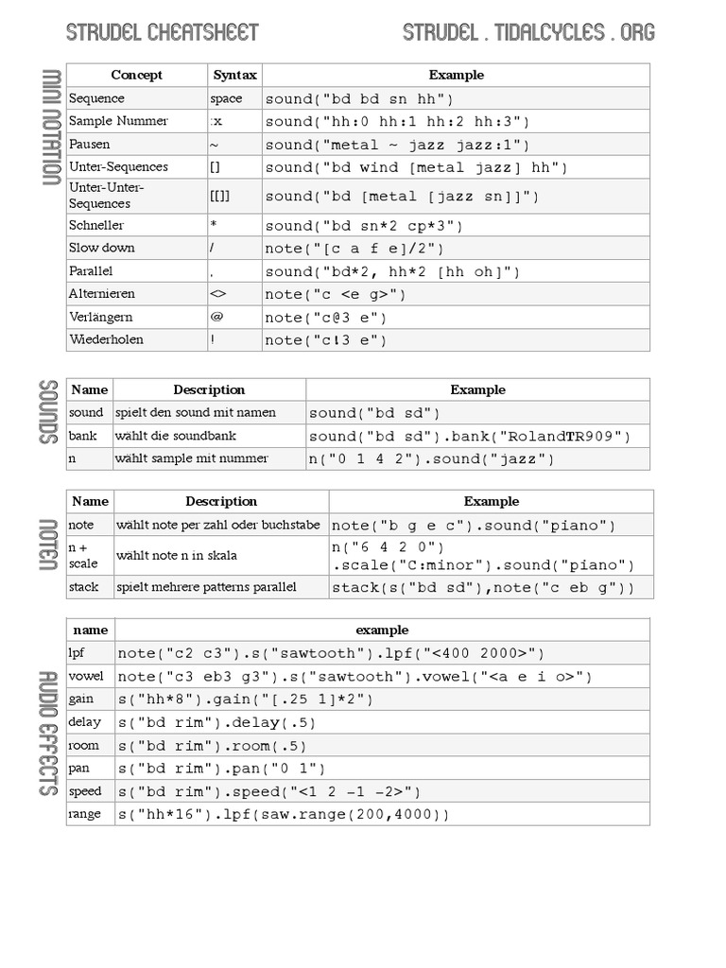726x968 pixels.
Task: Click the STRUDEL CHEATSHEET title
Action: (x=162, y=33)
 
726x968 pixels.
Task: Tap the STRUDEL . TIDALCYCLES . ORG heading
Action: (x=528, y=33)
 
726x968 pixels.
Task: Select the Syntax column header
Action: (x=234, y=75)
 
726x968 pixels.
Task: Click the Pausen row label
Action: (x=90, y=144)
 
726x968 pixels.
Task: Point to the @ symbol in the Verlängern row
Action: (x=216, y=317)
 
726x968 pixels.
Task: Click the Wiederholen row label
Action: (x=106, y=339)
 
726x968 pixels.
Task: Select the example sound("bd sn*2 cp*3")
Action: (x=364, y=226)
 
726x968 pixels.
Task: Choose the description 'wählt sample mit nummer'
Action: (x=192, y=458)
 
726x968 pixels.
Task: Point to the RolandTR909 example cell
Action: (x=469, y=437)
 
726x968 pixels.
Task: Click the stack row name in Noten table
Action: (x=84, y=587)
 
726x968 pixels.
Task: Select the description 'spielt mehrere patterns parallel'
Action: (x=206, y=587)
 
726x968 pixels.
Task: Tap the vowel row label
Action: (x=86, y=676)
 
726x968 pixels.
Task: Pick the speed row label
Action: (x=85, y=791)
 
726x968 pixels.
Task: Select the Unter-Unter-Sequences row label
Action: (x=106, y=196)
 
